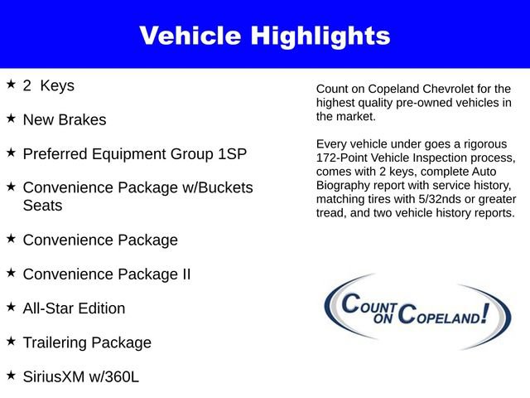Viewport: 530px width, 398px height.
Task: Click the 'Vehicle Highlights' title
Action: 264,36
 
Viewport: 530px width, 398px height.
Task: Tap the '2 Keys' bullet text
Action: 49,85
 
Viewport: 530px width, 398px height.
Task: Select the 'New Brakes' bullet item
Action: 65,119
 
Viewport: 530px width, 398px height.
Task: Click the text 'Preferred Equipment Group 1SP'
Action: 134,153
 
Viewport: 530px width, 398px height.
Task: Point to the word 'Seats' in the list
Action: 42,205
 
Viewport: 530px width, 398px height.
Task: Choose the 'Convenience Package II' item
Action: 107,274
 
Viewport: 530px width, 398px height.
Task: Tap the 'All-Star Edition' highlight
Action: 75,308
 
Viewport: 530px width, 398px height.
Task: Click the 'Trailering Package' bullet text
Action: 87,342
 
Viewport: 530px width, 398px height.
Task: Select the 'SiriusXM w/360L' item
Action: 81,376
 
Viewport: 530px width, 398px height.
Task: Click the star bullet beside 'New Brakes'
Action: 11,118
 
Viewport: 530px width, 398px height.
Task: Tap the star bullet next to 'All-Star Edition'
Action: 11,306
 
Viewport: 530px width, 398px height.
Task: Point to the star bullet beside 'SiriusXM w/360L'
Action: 11,375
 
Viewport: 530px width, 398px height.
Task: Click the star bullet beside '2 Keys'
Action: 11,84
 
